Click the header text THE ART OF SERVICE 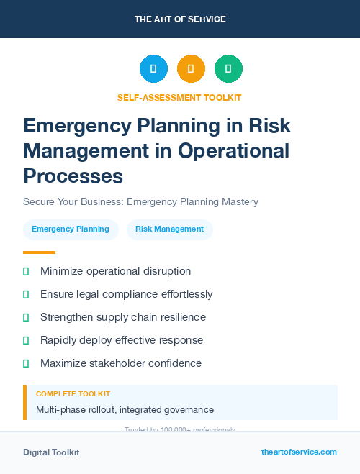tap(180, 19)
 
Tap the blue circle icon tap(153, 69)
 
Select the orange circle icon tap(191, 69)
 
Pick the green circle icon tap(228, 69)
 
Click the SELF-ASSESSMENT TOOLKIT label tap(179, 97)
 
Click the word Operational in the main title tap(233, 151)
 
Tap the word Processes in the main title tap(73, 176)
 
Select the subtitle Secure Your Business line tap(140, 201)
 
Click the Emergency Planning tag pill tap(71, 229)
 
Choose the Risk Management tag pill tap(170, 229)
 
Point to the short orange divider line tap(39, 252)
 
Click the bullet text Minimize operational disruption tap(115, 271)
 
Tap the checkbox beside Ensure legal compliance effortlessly tap(26, 294)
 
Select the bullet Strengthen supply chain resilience tap(123, 317)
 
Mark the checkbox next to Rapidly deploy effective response tap(26, 340)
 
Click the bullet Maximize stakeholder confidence tap(120, 363)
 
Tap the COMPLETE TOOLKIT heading tap(73, 394)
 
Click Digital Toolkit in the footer tap(51, 452)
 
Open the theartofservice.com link tap(299, 452)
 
